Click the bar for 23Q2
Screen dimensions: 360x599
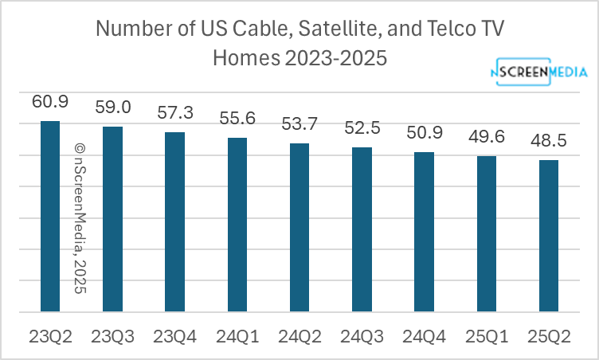pyautogui.click(x=49, y=216)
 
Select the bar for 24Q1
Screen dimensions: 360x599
pyautogui.click(x=237, y=225)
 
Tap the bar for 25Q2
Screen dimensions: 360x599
pyautogui.click(x=549, y=236)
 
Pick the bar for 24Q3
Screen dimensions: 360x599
pyautogui.click(x=362, y=229)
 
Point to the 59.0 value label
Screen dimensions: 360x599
pyautogui.click(x=112, y=107)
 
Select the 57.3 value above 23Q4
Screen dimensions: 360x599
pyautogui.click(x=174, y=112)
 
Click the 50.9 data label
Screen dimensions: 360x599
pyautogui.click(x=424, y=132)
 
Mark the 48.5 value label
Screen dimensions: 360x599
pyautogui.click(x=549, y=140)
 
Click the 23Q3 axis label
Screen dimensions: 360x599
pyautogui.click(x=112, y=335)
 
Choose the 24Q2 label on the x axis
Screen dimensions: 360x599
pyautogui.click(x=299, y=335)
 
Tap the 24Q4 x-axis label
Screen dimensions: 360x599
pyautogui.click(x=424, y=335)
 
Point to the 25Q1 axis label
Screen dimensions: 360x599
pyautogui.click(x=487, y=335)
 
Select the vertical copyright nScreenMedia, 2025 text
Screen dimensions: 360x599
pyautogui.click(x=80, y=218)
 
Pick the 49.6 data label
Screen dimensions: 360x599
pyautogui.click(x=487, y=136)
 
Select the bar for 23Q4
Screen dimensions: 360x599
pyautogui.click(x=174, y=221)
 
